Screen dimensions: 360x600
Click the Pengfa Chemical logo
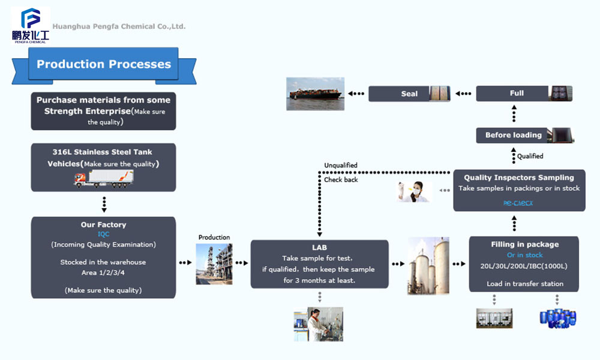(31, 25)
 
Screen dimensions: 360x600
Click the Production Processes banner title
(104, 64)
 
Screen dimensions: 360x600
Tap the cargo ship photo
(315, 94)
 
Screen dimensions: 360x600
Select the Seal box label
(409, 94)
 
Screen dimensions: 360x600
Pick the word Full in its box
(517, 93)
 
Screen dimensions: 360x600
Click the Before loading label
(513, 135)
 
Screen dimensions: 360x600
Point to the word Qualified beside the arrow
(530, 156)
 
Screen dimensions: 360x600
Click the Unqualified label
(341, 165)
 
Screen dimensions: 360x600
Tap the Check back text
(341, 179)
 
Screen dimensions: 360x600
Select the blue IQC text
(104, 234)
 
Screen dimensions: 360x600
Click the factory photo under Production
(214, 264)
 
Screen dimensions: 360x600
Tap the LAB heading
(319, 247)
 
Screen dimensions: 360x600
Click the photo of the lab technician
(319, 325)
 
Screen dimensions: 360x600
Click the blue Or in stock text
(525, 255)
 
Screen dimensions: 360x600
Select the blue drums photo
(558, 318)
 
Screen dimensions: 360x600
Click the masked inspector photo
(415, 191)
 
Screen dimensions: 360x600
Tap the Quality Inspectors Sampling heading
(519, 178)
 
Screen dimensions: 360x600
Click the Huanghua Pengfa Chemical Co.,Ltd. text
(119, 26)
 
